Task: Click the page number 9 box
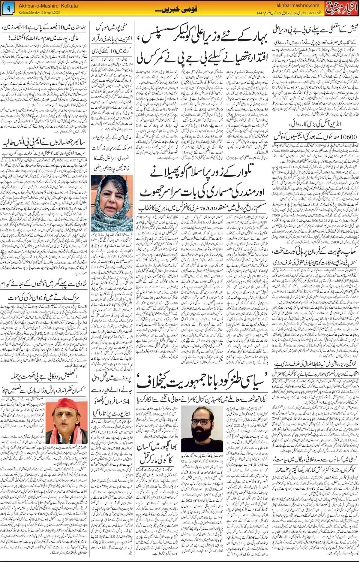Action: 8,9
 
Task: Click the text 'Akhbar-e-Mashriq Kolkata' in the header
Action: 48,6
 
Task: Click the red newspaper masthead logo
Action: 342,8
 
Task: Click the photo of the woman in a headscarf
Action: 112,203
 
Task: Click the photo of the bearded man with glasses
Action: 202,429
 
